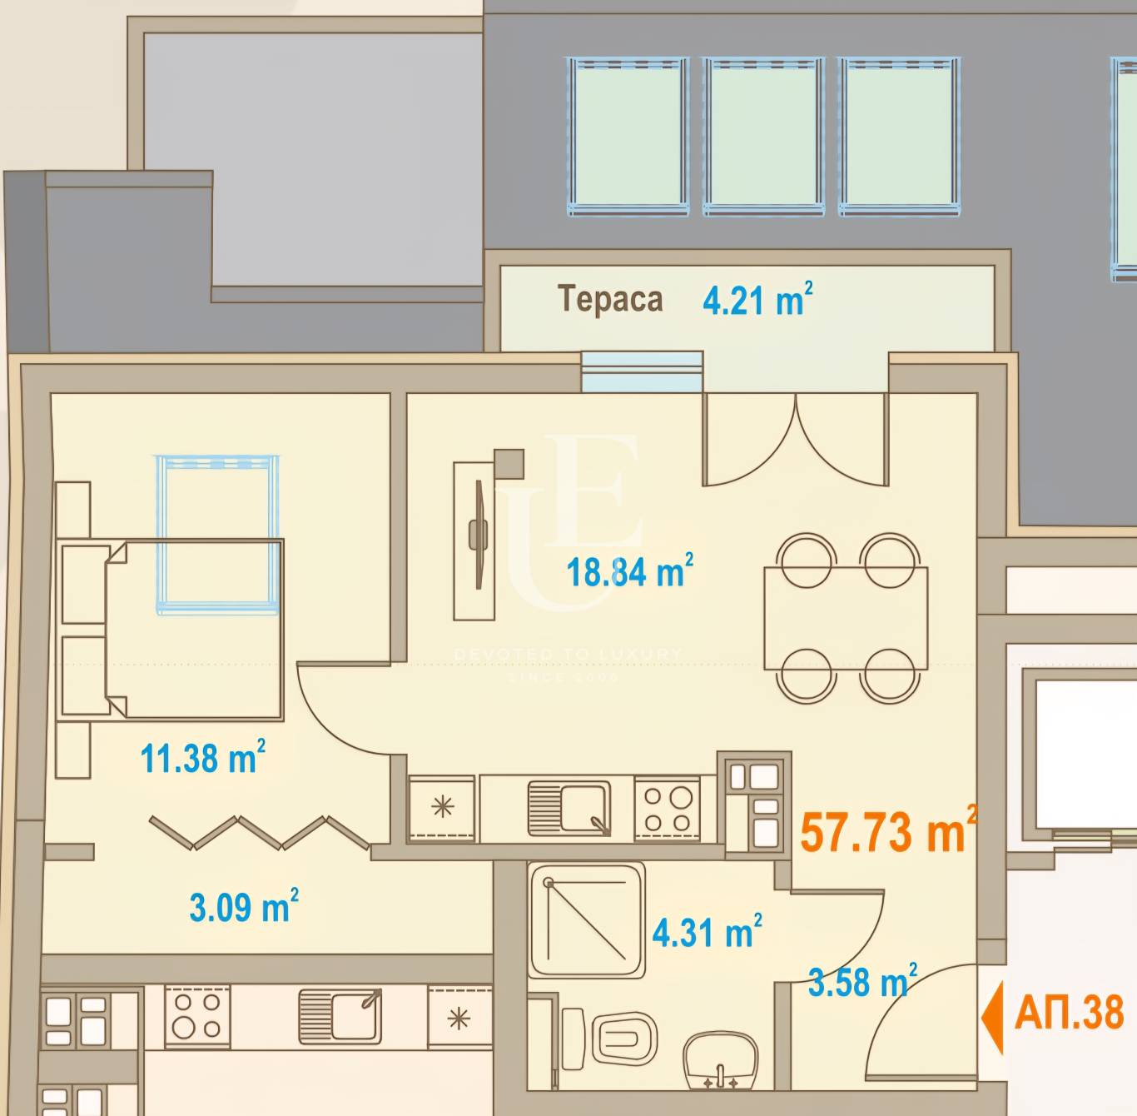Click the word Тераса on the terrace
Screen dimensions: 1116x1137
point(610,299)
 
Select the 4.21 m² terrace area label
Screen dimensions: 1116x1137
point(757,300)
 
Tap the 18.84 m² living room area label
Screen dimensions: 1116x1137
point(629,572)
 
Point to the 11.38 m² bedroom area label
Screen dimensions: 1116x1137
point(202,758)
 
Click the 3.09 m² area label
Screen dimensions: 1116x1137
point(243,907)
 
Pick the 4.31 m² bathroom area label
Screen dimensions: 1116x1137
point(707,932)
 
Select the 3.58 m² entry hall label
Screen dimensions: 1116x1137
point(862,983)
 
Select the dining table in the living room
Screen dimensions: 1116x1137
point(846,618)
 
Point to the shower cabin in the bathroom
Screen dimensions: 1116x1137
point(587,919)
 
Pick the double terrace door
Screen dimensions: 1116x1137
point(796,441)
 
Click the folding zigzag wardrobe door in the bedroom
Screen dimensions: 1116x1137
point(259,832)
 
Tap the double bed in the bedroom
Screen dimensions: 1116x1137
point(196,629)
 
